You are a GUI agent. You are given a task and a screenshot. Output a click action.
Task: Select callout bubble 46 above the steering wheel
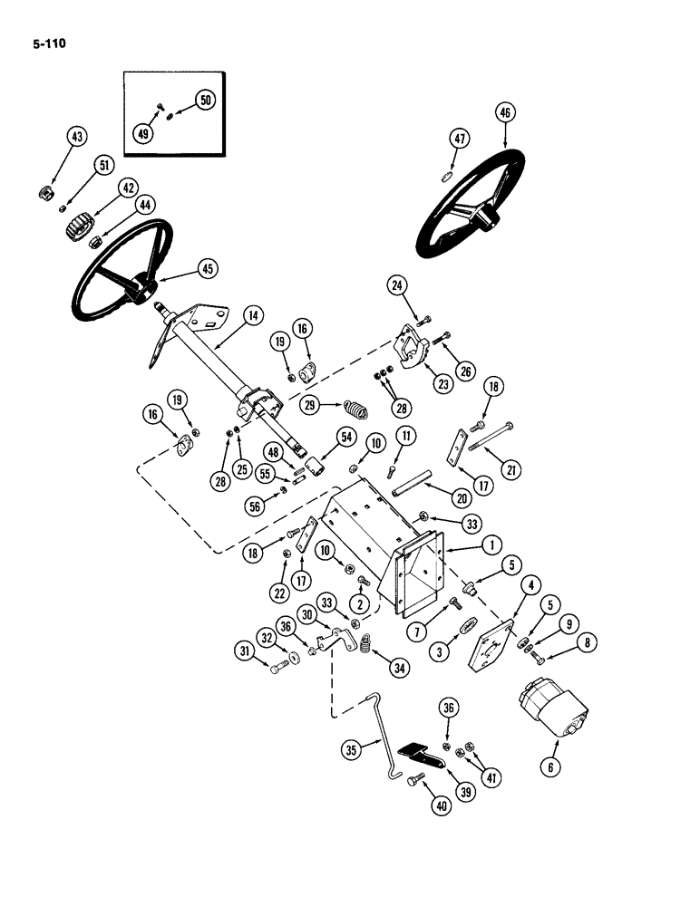pos(505,113)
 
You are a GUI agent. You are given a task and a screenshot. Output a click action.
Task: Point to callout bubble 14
pos(252,315)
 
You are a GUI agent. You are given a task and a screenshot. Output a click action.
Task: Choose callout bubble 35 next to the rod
pos(352,748)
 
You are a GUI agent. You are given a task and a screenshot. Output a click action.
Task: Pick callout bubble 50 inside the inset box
pos(204,101)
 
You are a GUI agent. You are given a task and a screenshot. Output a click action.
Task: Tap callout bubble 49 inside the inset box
pos(143,133)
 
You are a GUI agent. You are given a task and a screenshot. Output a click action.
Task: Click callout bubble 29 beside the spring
pos(310,405)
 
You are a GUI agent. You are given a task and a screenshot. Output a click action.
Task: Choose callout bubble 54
pos(346,437)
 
